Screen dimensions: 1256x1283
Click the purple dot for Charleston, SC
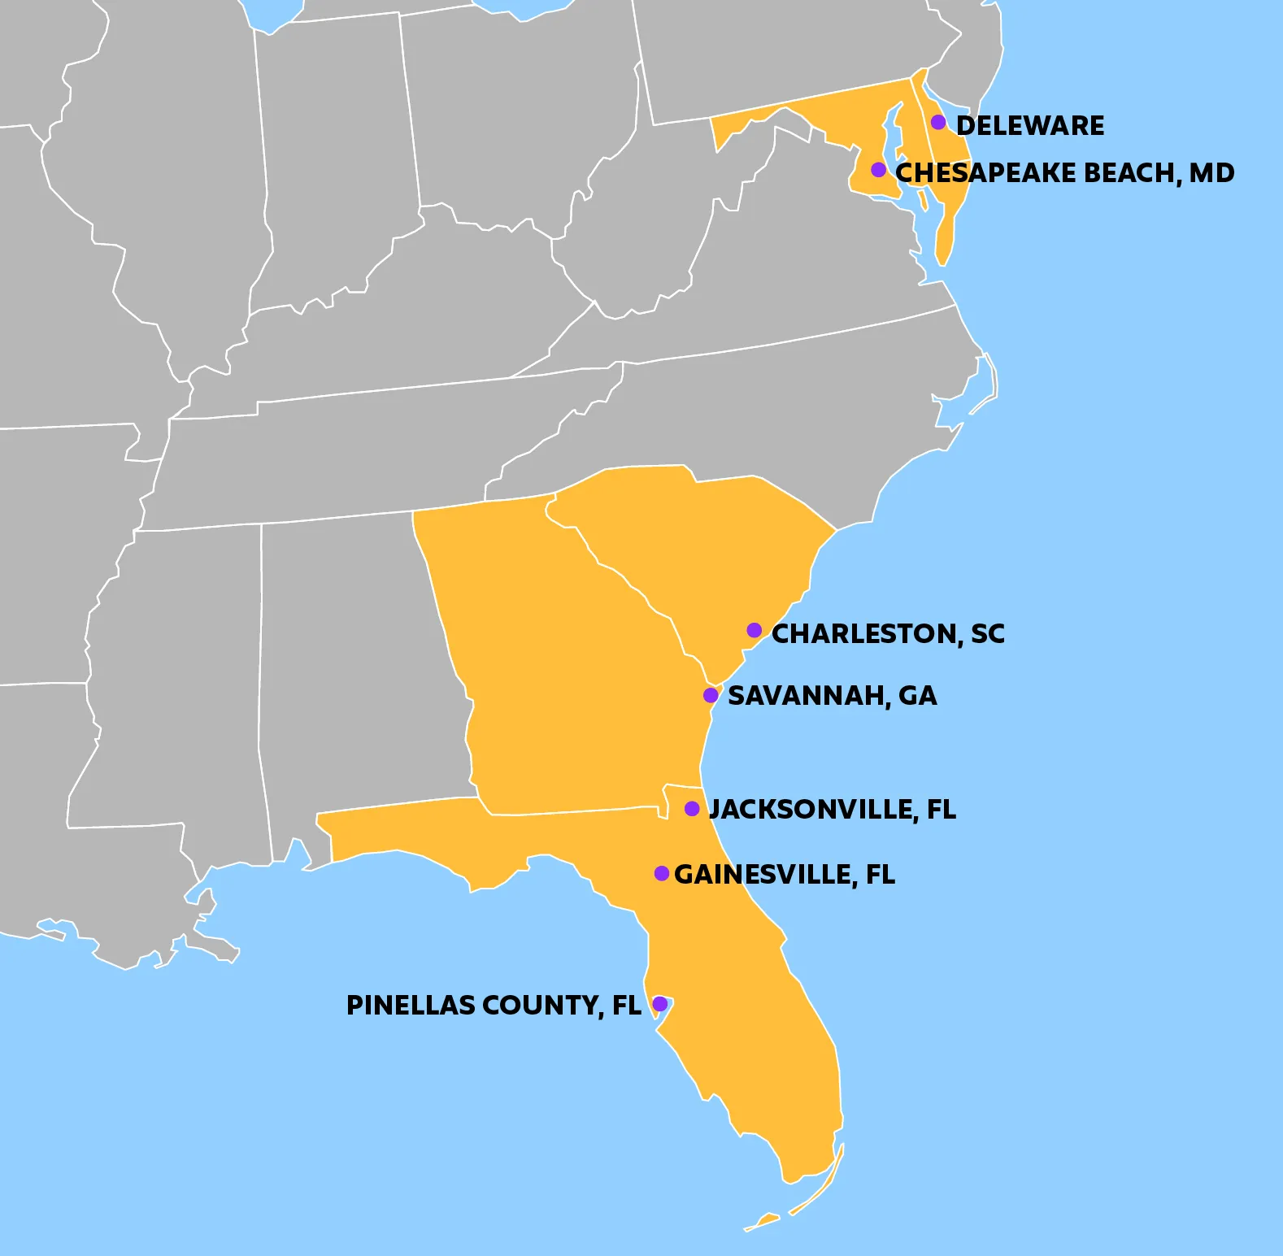coord(755,630)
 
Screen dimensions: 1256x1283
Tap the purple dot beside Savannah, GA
coord(711,695)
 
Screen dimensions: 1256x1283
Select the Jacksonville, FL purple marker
coord(692,808)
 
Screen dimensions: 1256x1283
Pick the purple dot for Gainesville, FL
coord(662,873)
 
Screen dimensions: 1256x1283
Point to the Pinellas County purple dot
coord(660,1004)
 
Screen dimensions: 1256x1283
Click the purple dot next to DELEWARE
coord(938,122)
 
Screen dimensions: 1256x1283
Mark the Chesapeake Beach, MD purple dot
coord(878,169)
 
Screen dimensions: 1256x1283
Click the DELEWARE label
coord(1030,126)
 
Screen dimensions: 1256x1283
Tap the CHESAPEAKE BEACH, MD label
coord(1064,173)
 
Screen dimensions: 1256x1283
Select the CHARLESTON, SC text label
coord(888,634)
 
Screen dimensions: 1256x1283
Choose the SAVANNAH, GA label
coord(832,696)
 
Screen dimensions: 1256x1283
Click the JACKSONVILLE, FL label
coord(833,810)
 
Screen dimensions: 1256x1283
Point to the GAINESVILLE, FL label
coord(785,875)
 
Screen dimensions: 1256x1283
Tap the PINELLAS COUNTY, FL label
coord(494,1006)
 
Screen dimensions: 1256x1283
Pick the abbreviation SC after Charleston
coord(988,634)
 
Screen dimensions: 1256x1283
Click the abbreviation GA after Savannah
coord(918,696)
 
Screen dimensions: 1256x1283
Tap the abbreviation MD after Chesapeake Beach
coord(1212,173)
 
